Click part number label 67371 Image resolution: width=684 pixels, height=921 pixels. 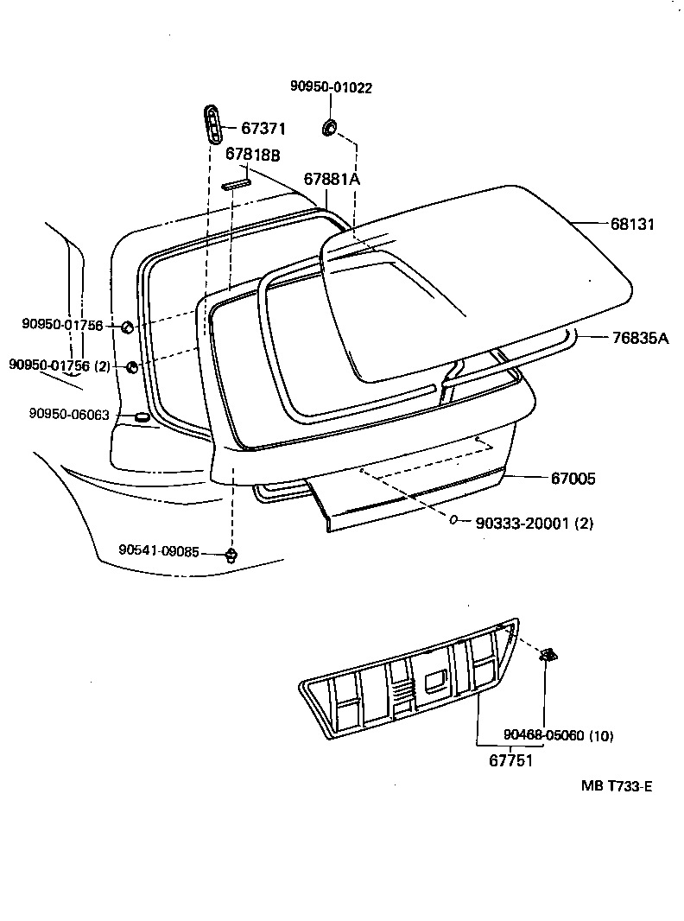[263, 129]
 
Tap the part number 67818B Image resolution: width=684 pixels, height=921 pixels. [252, 155]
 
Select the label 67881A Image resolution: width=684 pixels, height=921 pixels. [331, 179]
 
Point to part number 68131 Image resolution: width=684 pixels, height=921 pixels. [632, 224]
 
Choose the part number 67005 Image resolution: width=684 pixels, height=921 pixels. [573, 478]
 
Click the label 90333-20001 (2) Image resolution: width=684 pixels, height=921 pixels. [533, 523]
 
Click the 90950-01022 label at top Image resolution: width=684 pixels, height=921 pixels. [332, 87]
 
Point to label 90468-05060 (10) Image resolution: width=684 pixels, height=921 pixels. [558, 736]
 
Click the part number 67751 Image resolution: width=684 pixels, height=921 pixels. [510, 761]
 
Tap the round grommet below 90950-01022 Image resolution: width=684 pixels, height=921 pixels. [329, 129]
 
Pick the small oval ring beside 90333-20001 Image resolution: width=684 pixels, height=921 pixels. [454, 520]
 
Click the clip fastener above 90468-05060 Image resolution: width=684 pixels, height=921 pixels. [548, 657]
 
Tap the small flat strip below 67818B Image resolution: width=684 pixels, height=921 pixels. [235, 184]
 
